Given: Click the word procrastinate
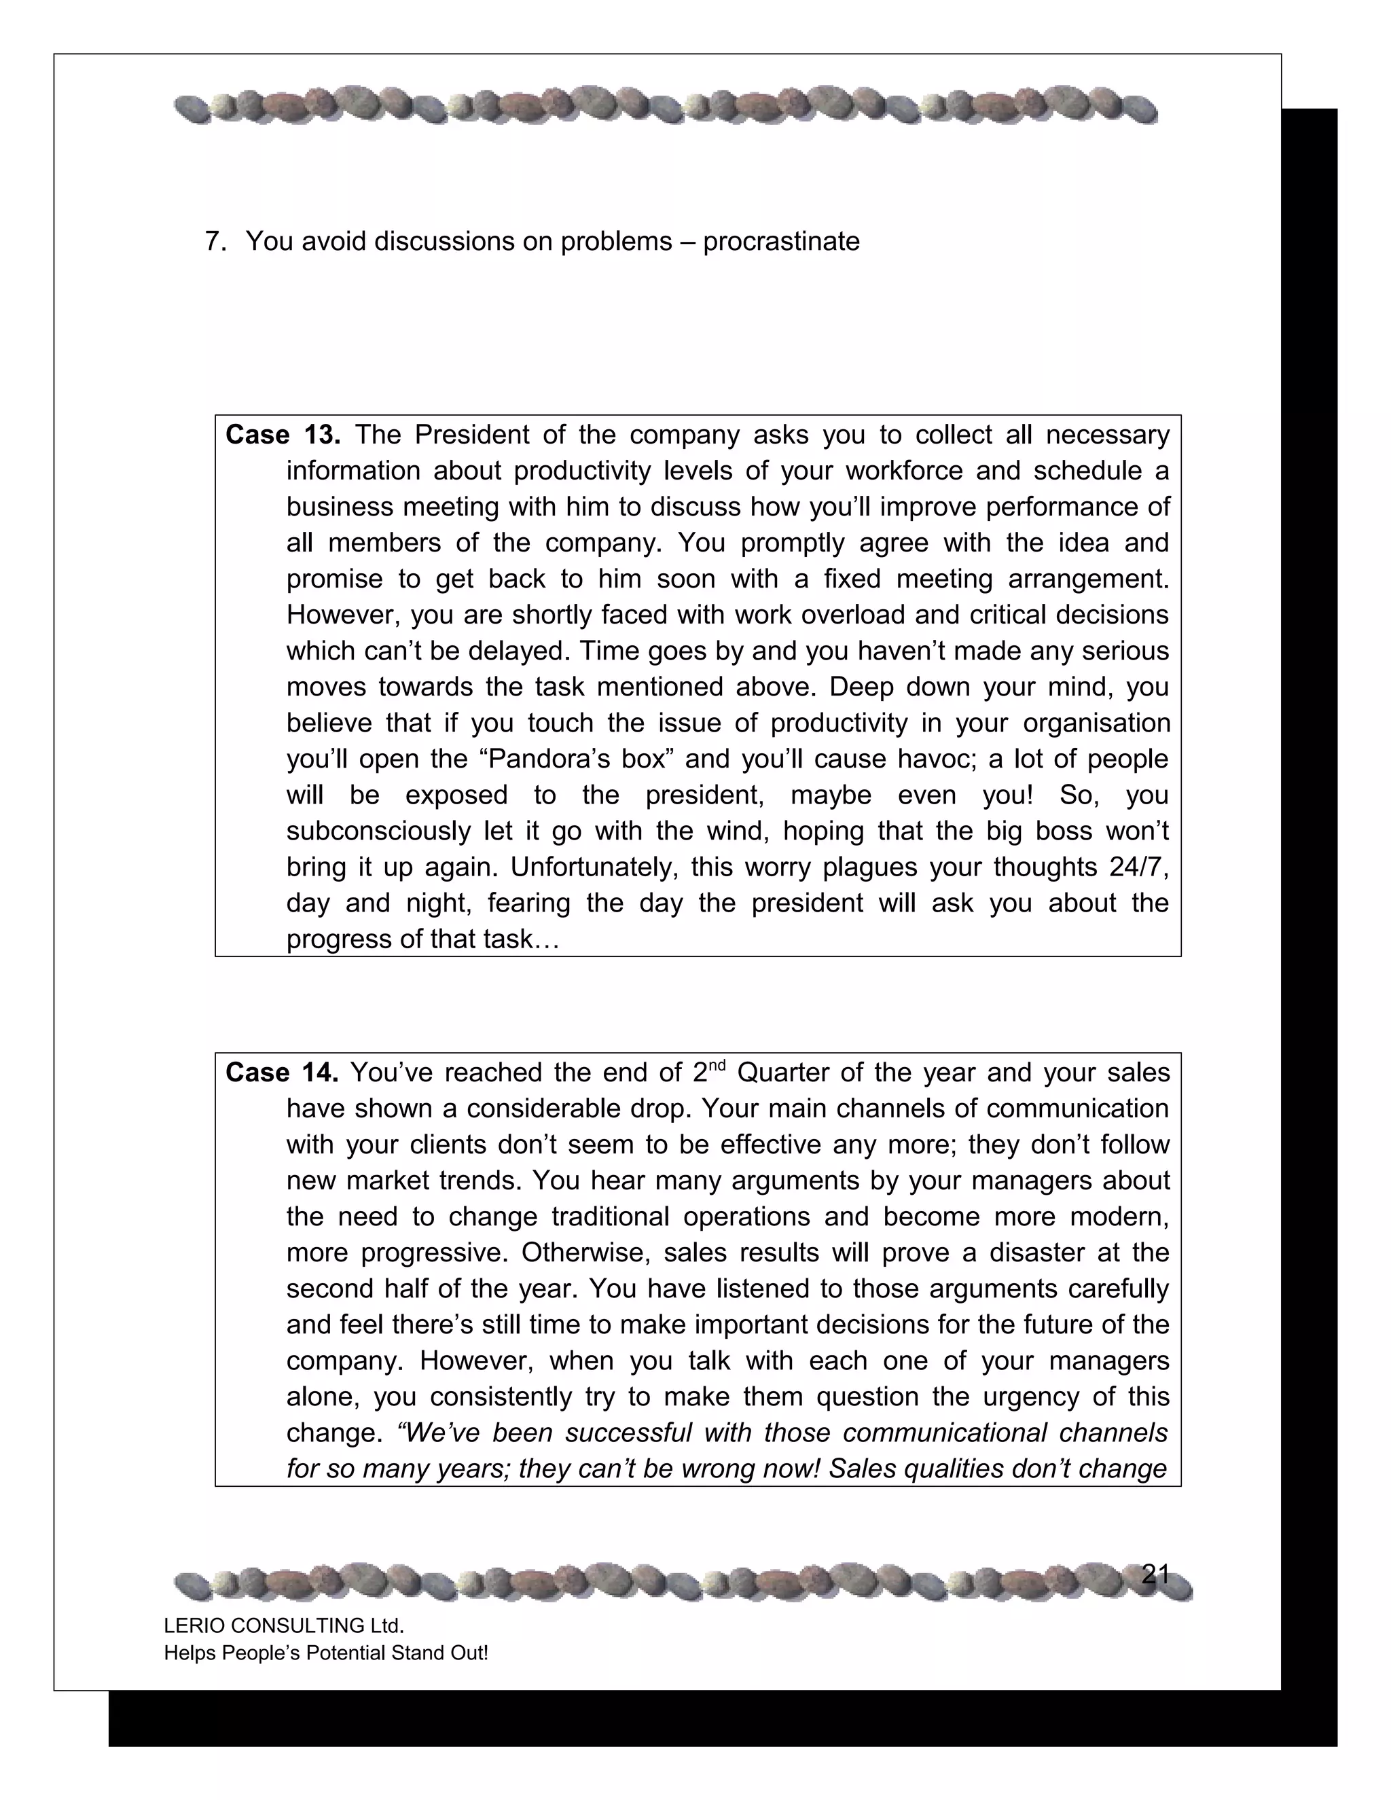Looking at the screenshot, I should point(780,242).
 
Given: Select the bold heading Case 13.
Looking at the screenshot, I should point(283,434).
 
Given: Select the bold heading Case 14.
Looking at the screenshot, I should point(282,1073).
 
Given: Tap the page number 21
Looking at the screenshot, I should point(1155,1574).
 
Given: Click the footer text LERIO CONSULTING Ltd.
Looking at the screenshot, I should point(283,1625).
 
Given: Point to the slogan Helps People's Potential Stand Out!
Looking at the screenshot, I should point(325,1653).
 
